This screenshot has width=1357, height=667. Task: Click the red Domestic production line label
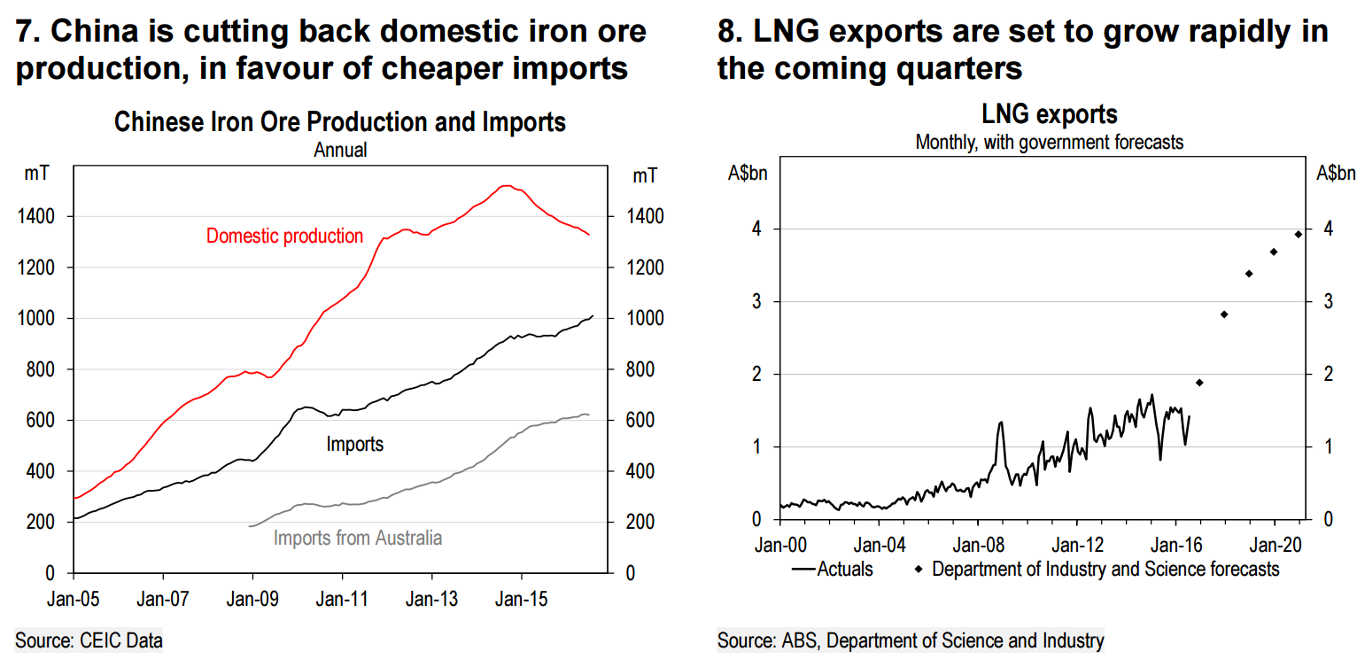(x=284, y=236)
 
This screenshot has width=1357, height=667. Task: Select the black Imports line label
(x=354, y=443)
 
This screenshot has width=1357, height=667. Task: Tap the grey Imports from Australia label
(x=357, y=538)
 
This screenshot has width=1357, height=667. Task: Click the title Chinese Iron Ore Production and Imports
(x=340, y=121)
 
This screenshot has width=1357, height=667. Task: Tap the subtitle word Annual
(x=340, y=150)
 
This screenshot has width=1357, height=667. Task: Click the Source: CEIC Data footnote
(x=89, y=640)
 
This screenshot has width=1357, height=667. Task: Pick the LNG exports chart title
(x=1050, y=114)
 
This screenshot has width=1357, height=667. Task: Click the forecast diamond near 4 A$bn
(x=1299, y=234)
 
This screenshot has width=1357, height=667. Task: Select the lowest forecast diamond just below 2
(x=1199, y=383)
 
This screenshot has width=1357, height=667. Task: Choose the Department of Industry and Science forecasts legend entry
(x=1105, y=569)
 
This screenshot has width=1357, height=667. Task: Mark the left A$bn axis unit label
(x=748, y=174)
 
